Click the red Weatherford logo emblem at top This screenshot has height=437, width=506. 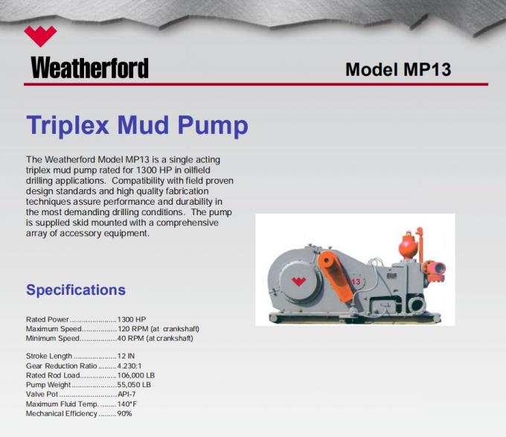tap(40, 36)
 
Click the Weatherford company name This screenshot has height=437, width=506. tap(89, 68)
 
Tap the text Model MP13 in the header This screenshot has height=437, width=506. tap(398, 70)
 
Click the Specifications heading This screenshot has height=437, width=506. tap(76, 290)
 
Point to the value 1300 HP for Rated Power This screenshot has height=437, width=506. tap(132, 319)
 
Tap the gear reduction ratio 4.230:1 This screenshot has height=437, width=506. tap(133, 366)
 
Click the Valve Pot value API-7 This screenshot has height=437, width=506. tap(128, 395)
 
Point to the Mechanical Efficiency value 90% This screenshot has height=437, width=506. tap(124, 413)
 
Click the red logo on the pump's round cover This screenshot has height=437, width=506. tap(298, 281)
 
